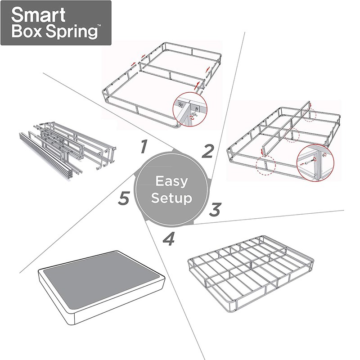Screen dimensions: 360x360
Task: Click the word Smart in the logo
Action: (x=38, y=15)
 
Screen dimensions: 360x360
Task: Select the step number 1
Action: (x=144, y=146)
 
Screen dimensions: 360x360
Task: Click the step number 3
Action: (x=216, y=209)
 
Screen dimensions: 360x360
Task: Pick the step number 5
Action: (x=124, y=199)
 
